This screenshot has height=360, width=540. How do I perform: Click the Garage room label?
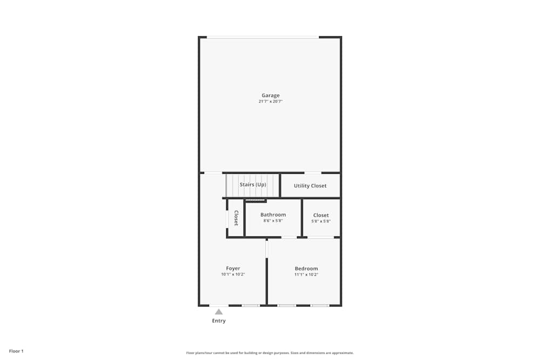pos(271,96)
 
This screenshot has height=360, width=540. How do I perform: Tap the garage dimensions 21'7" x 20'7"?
pos(271,101)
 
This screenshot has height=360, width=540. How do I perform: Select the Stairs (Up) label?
pos(253,185)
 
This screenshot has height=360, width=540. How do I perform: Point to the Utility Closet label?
pos(310,186)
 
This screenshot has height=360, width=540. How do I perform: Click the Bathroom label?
pos(273,215)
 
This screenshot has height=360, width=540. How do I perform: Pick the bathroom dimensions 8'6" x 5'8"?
pos(273,221)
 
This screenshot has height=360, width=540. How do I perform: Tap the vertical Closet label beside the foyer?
pos(236,218)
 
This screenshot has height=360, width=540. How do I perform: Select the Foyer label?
pos(233,268)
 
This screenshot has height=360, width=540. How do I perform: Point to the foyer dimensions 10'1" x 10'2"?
pos(233,274)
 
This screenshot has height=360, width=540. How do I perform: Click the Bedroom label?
pos(306,268)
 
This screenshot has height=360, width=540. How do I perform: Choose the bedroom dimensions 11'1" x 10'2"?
pos(306,274)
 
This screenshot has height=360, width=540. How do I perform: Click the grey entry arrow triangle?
pos(219,311)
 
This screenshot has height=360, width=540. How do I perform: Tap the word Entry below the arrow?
pos(219,321)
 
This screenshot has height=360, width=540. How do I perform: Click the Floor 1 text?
pos(16,351)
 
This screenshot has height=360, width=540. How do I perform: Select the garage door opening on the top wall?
pos(263,37)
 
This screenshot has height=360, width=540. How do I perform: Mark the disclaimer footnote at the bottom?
pos(270,353)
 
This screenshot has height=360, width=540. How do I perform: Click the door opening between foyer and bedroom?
pos(267,248)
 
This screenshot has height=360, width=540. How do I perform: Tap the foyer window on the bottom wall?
pos(251,305)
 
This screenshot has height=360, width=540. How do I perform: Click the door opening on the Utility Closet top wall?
pos(312,173)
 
